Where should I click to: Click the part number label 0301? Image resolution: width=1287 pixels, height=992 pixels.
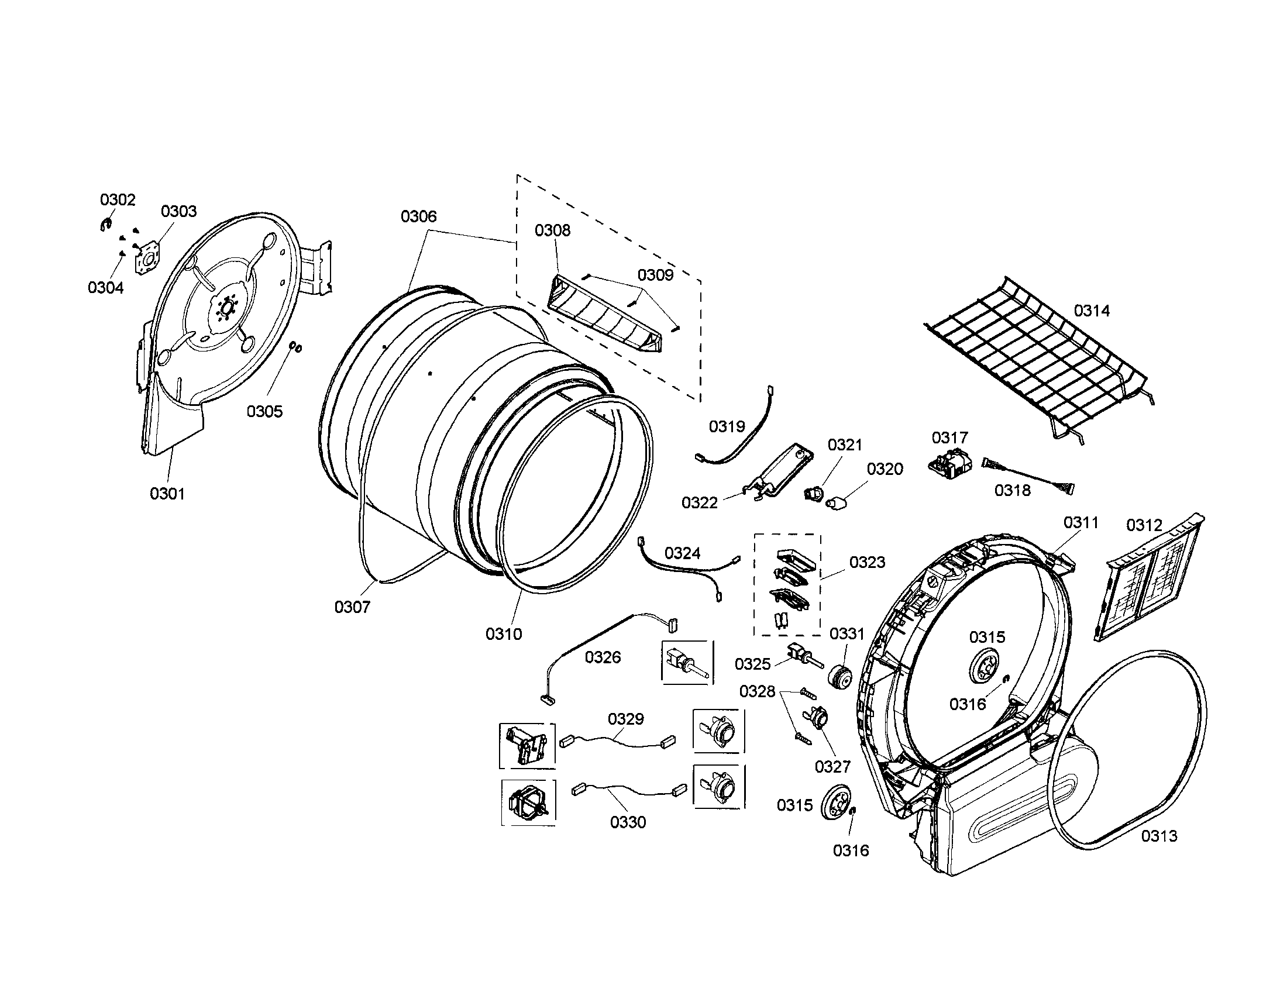[x=167, y=494]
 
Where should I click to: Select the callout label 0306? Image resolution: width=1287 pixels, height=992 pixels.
[x=418, y=216]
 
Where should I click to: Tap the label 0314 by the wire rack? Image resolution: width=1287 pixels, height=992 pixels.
[x=1092, y=311]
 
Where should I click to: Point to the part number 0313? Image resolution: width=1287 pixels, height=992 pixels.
[x=1159, y=836]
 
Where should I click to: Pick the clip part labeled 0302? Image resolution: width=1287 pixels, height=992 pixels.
[x=105, y=225]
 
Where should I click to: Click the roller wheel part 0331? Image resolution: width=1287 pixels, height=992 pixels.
[x=839, y=677]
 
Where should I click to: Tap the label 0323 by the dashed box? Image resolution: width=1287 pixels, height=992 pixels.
[x=867, y=562]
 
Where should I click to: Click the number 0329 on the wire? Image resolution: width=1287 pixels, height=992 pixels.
[x=626, y=719]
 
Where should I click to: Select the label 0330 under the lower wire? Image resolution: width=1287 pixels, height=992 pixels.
[x=628, y=822]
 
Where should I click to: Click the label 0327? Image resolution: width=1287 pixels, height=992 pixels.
[x=832, y=766]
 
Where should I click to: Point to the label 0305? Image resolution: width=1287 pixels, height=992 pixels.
[x=264, y=411]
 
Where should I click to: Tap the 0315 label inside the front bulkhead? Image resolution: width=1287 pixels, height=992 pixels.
[x=987, y=637]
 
